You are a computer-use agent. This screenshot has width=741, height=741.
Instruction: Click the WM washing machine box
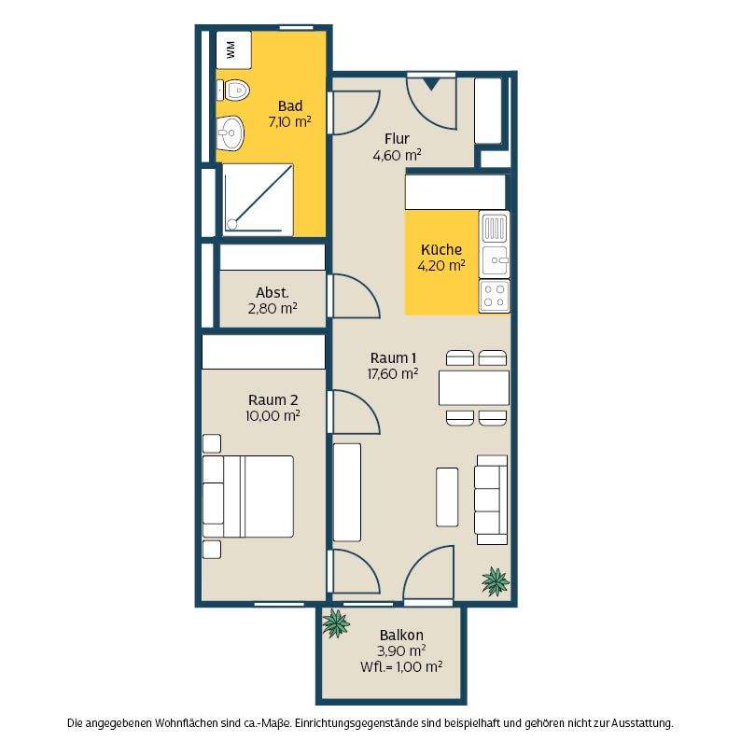point(233,50)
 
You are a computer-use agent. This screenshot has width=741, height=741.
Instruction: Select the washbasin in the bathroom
point(231,133)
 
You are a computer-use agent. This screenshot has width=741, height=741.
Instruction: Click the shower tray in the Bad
point(258,200)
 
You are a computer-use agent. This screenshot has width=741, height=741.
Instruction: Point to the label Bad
point(290,105)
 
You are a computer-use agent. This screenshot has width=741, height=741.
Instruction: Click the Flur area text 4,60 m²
point(397,155)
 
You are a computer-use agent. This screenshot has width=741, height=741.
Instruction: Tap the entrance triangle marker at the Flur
point(430,85)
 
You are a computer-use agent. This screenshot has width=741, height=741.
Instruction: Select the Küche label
point(441,249)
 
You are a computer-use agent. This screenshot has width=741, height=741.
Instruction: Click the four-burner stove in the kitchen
point(495,296)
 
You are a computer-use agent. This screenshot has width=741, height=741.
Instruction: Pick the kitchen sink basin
point(495,260)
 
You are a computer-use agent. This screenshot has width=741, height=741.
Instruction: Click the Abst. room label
point(273,292)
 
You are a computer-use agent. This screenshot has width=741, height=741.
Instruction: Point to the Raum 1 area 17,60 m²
point(393,374)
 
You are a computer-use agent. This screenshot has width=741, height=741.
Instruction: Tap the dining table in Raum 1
point(474,387)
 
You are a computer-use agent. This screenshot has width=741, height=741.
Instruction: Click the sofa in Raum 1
point(492,499)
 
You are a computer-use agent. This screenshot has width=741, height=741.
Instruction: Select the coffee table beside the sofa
point(447,497)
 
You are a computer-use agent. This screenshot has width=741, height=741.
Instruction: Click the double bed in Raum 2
point(248,496)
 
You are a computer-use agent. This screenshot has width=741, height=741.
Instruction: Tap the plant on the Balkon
point(336,623)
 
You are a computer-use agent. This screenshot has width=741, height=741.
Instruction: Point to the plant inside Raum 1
point(496,581)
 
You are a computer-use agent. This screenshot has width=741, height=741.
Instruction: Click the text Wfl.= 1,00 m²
point(401,666)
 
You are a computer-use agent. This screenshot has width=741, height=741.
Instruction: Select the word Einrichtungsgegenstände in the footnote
point(351,723)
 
